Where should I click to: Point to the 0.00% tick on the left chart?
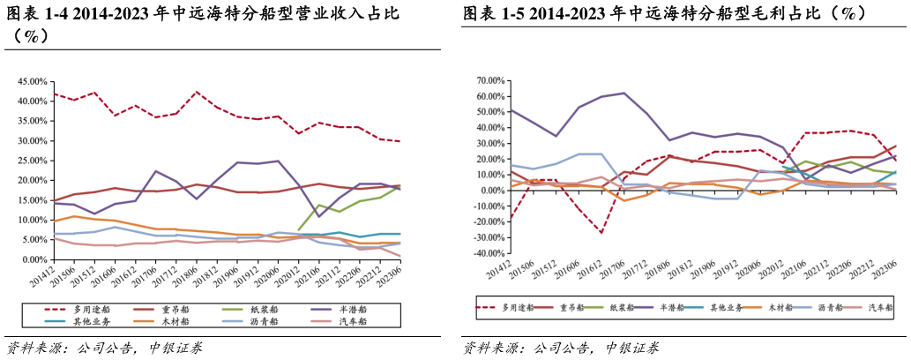[x=31, y=260]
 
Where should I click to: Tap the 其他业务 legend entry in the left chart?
[x=91, y=321]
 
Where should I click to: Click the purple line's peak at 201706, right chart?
[x=624, y=93]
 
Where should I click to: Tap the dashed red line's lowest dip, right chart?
[x=601, y=233]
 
